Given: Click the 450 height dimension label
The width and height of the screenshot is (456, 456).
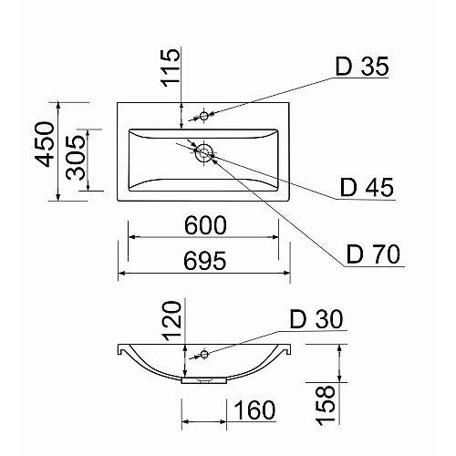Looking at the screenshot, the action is [x=45, y=144].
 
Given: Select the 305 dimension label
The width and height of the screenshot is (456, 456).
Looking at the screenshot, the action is [x=76, y=158].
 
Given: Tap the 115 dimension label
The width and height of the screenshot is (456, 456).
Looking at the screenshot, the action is [x=171, y=67].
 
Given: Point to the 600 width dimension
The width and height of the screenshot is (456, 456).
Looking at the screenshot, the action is [x=205, y=225].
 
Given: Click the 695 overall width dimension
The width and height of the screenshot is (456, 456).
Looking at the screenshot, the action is [x=205, y=261].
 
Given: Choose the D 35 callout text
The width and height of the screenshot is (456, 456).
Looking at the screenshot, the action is [x=362, y=67].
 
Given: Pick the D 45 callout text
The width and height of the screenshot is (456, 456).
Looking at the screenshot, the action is [x=367, y=187].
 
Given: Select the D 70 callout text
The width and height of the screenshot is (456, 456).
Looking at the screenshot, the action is [x=373, y=254].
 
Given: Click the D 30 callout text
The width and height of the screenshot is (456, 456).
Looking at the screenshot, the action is [x=316, y=319].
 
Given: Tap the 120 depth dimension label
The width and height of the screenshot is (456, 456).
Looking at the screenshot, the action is [x=171, y=321].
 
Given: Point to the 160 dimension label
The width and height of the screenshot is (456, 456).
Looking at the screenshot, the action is [x=254, y=410].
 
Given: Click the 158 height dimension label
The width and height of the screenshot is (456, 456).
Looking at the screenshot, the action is [x=326, y=405].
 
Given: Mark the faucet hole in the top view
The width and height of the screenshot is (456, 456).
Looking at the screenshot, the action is [x=204, y=116].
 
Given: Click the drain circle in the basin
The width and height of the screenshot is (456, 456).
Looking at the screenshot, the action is [x=204, y=152].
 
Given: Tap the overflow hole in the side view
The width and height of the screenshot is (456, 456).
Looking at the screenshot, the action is [x=204, y=354].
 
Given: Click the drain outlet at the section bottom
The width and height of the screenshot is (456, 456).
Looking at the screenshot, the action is [x=204, y=379].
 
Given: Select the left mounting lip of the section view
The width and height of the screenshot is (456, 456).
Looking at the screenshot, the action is [x=120, y=349].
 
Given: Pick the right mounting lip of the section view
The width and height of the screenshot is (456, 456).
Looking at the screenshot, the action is [x=287, y=349].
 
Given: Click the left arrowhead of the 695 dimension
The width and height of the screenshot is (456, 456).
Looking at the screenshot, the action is [x=122, y=273].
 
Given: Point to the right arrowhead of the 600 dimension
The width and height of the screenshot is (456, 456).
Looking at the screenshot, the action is [x=275, y=237].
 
